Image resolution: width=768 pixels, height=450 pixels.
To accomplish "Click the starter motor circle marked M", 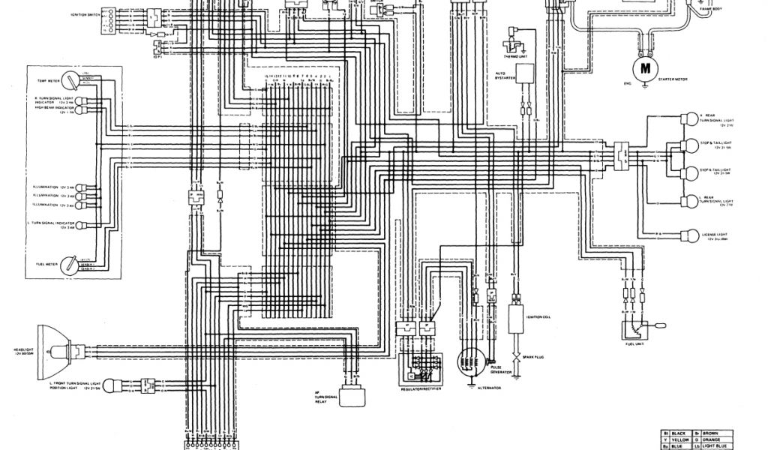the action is coord(643,68).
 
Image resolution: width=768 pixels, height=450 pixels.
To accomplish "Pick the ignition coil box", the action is coord(516,318).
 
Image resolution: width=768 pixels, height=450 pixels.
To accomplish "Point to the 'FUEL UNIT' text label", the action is coord(635,343).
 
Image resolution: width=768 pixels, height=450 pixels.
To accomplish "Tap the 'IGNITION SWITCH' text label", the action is coord(87,14).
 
